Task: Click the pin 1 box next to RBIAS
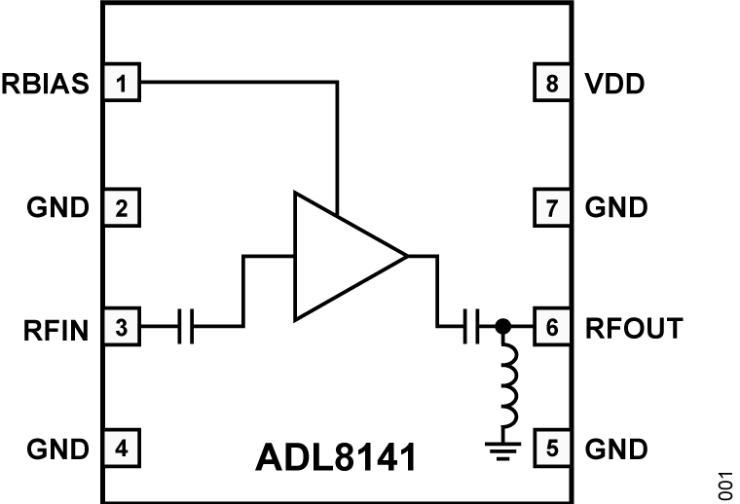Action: click(122, 84)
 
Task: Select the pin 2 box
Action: click(122, 206)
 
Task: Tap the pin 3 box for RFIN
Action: click(122, 329)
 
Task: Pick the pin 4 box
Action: click(122, 450)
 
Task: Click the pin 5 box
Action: click(552, 450)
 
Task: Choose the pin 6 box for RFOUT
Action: click(552, 329)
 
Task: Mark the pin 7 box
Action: click(552, 206)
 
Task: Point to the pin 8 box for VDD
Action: click(552, 84)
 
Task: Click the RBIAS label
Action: click(46, 84)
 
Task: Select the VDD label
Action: click(614, 84)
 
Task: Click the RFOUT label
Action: click(634, 329)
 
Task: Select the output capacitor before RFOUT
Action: click(471, 329)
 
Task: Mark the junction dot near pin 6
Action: click(503, 329)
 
